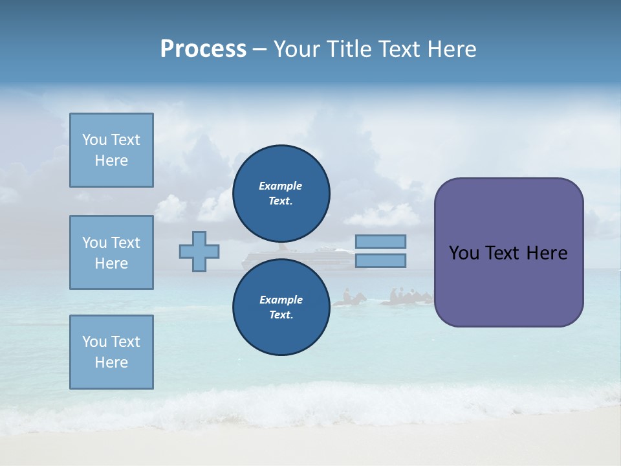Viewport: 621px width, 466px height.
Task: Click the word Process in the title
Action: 203,49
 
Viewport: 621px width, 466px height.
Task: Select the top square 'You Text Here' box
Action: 111,150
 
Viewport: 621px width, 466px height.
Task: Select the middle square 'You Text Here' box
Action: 111,252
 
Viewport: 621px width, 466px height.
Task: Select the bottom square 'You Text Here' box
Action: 111,352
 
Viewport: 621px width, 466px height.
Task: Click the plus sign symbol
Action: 199,251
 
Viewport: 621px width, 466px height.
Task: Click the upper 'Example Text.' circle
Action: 281,193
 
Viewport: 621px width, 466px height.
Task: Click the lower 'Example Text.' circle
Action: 281,307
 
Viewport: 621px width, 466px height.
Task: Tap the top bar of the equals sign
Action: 380,241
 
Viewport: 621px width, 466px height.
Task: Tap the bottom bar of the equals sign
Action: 380,260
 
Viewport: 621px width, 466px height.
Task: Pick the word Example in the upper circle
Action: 281,186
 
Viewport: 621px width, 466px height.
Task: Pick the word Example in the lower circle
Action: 281,300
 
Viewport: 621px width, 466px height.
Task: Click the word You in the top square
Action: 94,140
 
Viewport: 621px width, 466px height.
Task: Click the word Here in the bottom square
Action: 111,362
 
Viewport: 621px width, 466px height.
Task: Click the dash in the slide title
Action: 259,49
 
